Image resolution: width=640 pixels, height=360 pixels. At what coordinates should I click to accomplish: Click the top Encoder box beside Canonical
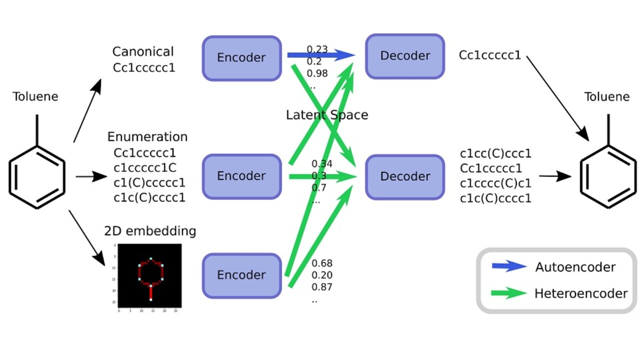[241, 57]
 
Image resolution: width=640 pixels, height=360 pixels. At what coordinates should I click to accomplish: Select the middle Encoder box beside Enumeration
[241, 176]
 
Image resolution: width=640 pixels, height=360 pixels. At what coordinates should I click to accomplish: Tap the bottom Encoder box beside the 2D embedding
[241, 275]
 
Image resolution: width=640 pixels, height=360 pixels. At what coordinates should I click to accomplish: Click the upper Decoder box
[405, 56]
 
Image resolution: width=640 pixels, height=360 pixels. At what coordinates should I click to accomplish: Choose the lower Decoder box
[405, 176]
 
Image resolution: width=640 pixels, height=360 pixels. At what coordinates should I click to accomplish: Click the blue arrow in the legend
[509, 266]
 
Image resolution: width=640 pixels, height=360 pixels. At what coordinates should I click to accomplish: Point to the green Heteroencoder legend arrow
[509, 293]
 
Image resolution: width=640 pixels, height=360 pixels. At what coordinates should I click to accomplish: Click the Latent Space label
[327, 115]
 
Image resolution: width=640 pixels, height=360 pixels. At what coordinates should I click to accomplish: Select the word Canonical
[143, 51]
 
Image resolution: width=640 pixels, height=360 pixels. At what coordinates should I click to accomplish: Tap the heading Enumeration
[147, 136]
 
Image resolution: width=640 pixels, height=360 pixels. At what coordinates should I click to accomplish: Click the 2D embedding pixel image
[145, 278]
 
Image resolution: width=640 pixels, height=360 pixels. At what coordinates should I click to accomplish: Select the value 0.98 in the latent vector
[317, 73]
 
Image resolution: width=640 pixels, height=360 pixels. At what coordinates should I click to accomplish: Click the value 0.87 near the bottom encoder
[322, 287]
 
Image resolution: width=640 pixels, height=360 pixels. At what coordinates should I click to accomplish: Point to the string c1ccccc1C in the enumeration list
[144, 167]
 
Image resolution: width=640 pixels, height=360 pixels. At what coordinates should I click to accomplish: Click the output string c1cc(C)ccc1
[495, 153]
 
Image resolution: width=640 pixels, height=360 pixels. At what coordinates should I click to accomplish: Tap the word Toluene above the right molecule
[607, 96]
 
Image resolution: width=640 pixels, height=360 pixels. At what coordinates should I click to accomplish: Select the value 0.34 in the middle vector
[322, 164]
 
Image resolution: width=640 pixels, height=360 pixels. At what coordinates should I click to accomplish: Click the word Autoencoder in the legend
[575, 267]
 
